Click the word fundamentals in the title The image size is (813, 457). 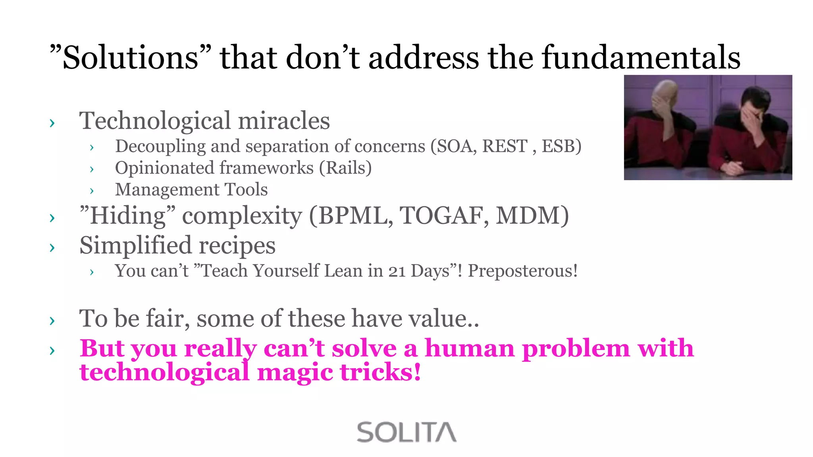pyautogui.click(x=641, y=57)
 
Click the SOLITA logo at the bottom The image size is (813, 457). pyautogui.click(x=406, y=432)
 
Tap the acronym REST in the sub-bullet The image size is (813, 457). pyautogui.click(x=505, y=146)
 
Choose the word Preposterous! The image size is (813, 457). pyautogui.click(x=522, y=271)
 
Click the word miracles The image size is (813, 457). pyautogui.click(x=284, y=121)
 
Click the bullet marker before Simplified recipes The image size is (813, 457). pyautogui.click(x=52, y=248)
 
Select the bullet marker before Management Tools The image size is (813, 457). pyautogui.click(x=92, y=191)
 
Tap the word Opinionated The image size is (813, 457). pyautogui.click(x=164, y=168)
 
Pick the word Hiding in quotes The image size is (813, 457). pyautogui.click(x=127, y=216)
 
